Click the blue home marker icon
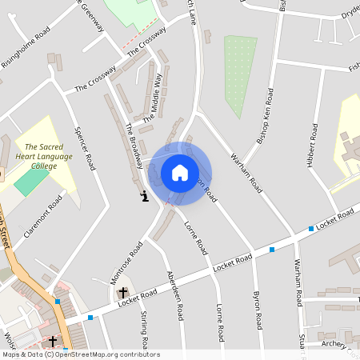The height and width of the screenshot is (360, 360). coord(180,173)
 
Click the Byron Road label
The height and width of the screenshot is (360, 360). coord(258,310)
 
